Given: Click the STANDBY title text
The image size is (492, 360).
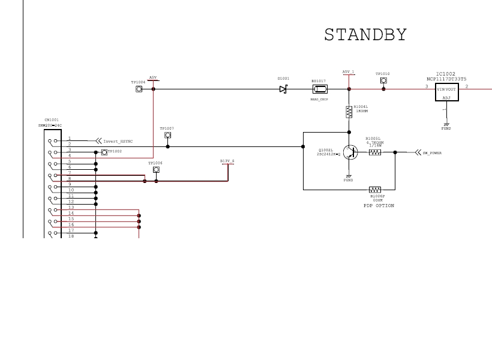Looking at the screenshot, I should click(x=365, y=35).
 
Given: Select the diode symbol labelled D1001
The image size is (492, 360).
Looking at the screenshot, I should click(x=283, y=89).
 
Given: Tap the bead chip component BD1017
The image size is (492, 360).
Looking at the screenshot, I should click(x=319, y=89).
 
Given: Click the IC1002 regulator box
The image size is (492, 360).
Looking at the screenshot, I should click(x=446, y=92).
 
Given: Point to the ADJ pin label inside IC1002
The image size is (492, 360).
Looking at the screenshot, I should click(x=446, y=97).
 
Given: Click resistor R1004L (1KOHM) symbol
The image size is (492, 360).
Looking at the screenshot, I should click(x=349, y=112).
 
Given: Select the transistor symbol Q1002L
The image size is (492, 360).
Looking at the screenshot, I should click(x=348, y=152).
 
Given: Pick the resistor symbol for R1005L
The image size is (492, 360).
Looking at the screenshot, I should click(x=375, y=152).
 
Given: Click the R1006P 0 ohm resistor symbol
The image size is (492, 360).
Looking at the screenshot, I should click(x=375, y=190).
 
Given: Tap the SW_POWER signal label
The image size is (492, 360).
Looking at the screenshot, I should click(x=432, y=153).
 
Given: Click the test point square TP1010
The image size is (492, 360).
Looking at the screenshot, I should click(x=383, y=80).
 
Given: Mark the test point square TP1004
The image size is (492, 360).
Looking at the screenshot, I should click(x=139, y=89).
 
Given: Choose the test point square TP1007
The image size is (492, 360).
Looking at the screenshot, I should click(x=167, y=135).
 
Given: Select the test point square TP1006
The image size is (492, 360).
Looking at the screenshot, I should click(x=156, y=170).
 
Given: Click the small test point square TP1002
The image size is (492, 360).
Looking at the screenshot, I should click(x=104, y=152).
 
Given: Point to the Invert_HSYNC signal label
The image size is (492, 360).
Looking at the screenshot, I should click(x=118, y=142).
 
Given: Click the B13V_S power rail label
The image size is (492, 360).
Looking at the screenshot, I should click(x=227, y=161).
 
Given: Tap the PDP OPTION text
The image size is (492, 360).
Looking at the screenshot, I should click(x=379, y=205).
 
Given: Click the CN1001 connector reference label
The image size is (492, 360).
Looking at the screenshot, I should click(x=52, y=119).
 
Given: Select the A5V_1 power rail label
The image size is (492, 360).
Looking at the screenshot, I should click(x=348, y=72).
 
